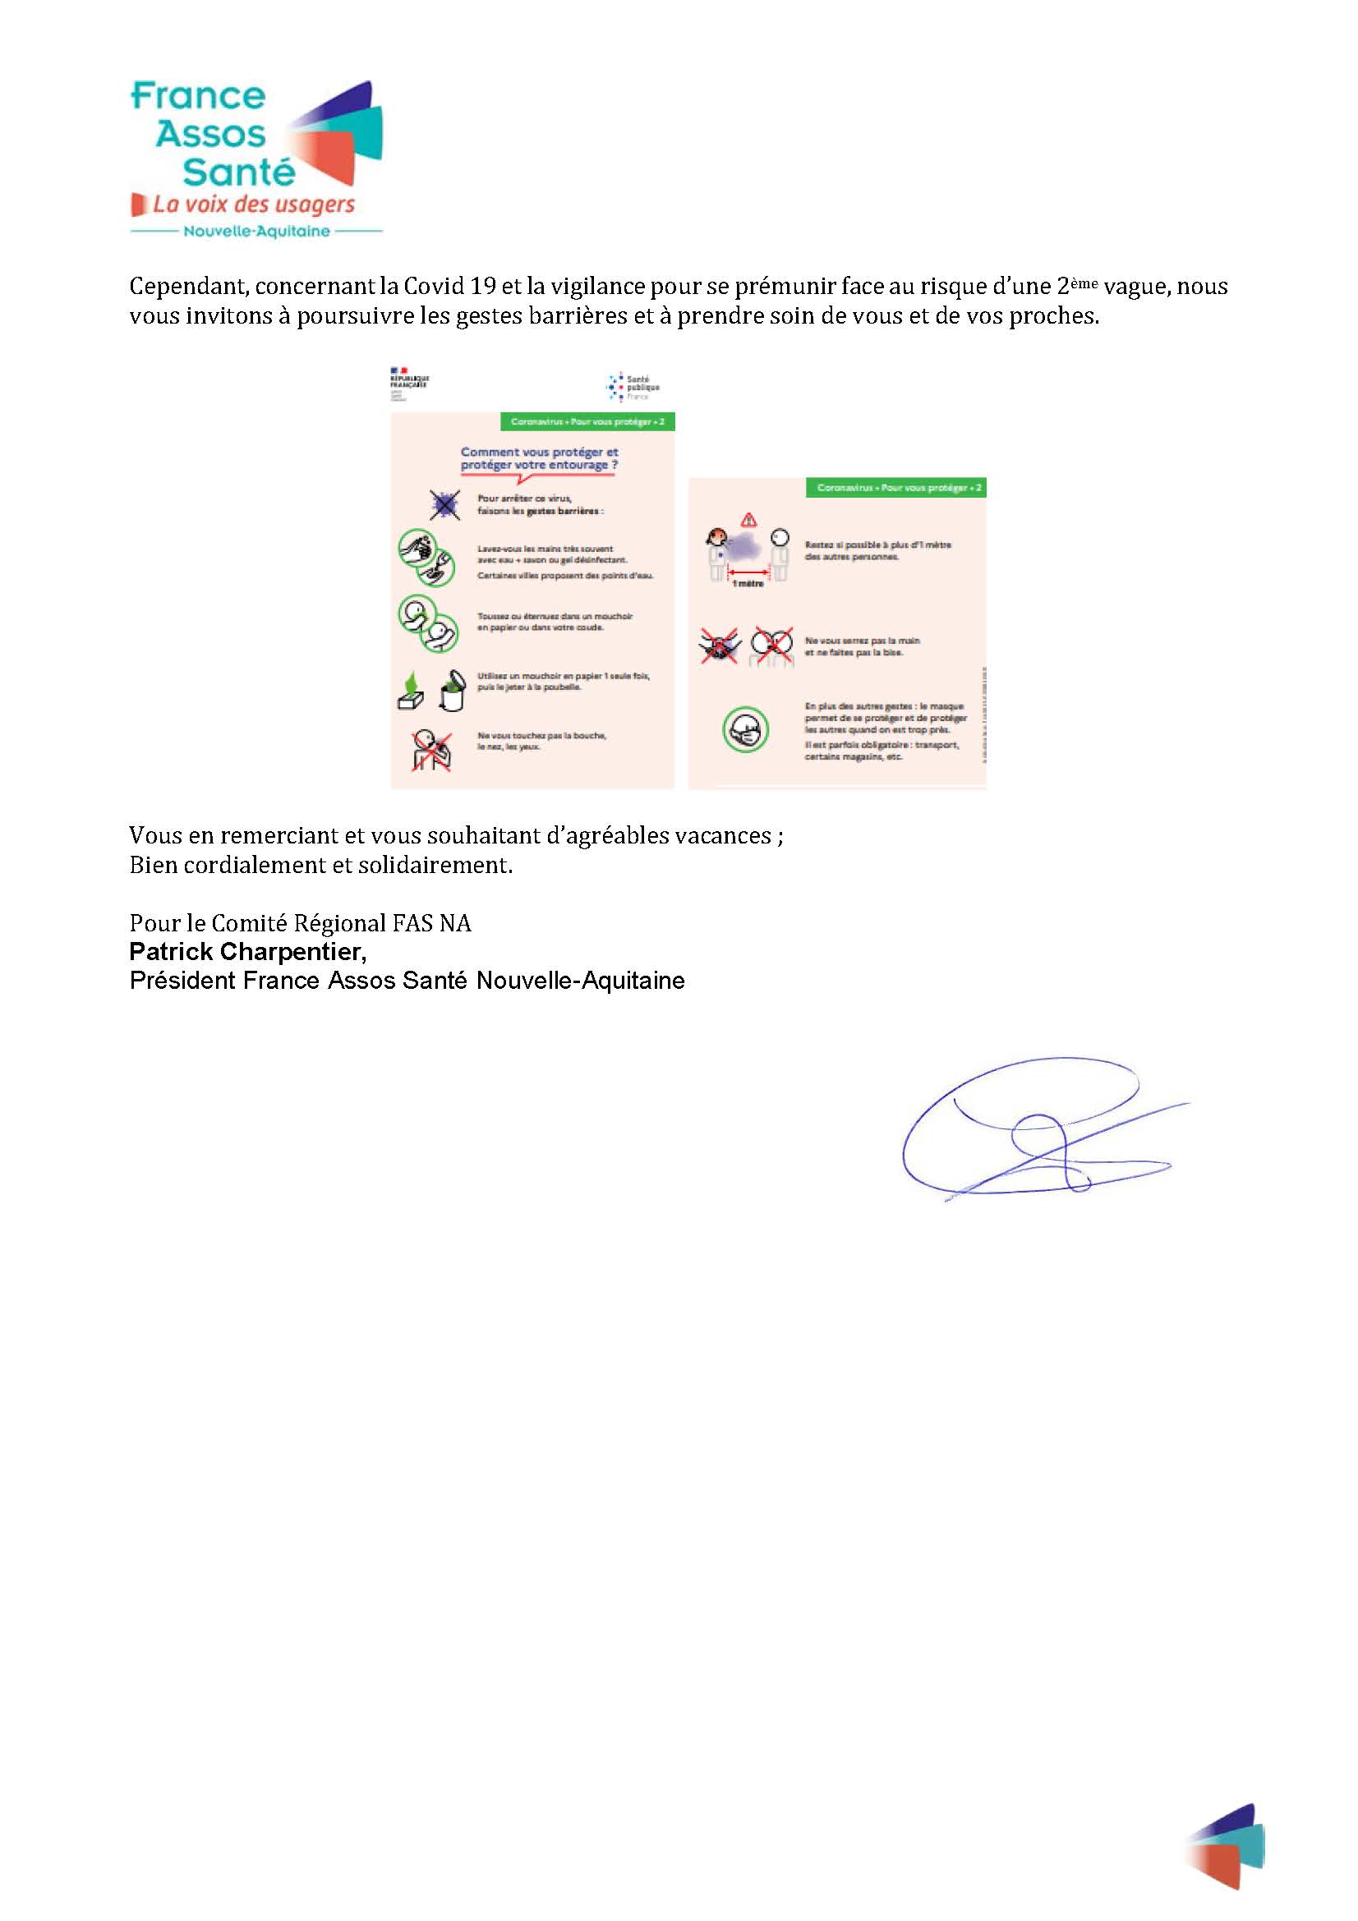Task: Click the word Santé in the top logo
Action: (238, 172)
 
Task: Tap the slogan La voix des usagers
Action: (254, 205)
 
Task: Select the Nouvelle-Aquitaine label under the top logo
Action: (256, 232)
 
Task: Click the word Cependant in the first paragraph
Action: (186, 287)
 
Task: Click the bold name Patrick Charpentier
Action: (246, 951)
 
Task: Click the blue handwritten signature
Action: (1038, 1129)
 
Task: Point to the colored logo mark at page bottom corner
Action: (1227, 1845)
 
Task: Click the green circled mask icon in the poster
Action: (744, 729)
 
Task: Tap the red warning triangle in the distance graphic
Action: (748, 519)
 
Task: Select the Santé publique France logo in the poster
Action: (633, 388)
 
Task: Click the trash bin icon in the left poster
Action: (452, 690)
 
